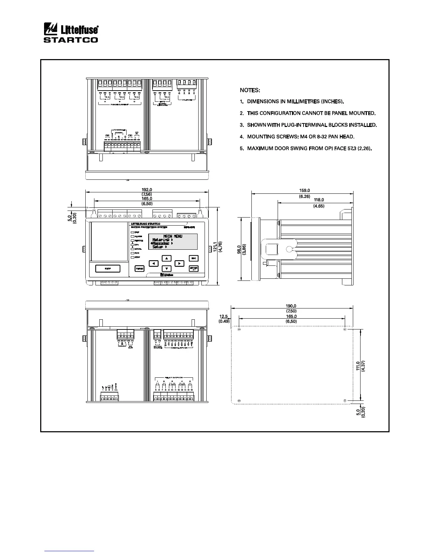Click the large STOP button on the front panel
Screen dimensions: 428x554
(108, 269)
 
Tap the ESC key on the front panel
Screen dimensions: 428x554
(193, 258)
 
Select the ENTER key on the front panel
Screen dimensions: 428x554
(193, 269)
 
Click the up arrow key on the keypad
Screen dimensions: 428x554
(167, 258)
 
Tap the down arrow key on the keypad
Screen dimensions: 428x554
(167, 269)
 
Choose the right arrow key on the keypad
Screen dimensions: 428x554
(179, 263)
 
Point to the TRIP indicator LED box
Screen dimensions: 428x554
(133, 232)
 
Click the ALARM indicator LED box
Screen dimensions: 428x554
(133, 236)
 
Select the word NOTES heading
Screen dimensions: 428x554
(250, 90)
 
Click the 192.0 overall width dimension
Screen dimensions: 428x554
(147, 190)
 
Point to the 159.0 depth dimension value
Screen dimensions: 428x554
(305, 191)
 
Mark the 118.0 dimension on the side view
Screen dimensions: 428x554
(319, 200)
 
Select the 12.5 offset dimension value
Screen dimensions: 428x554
(224, 316)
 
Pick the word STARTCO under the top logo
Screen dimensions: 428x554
(71, 40)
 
